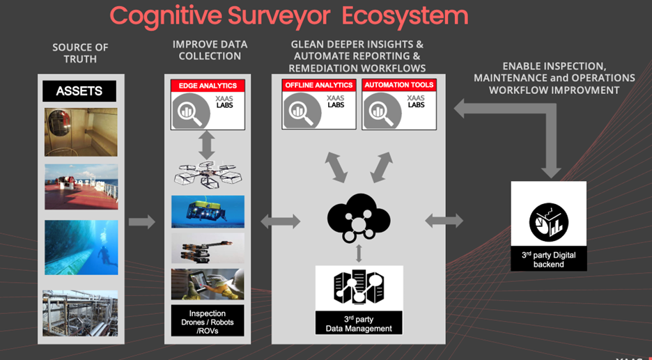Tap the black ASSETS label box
tap(79, 91)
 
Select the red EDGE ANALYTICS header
tap(208, 86)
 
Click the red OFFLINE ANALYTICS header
tap(319, 85)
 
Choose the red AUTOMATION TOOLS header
tap(399, 85)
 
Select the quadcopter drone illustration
tap(207, 175)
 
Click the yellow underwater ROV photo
tap(208, 212)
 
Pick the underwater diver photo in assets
tap(81, 247)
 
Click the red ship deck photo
tap(81, 187)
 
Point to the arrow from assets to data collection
tap(142, 221)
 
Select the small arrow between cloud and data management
tap(359, 253)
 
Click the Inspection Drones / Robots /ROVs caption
tap(208, 320)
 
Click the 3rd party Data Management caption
tap(359, 324)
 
